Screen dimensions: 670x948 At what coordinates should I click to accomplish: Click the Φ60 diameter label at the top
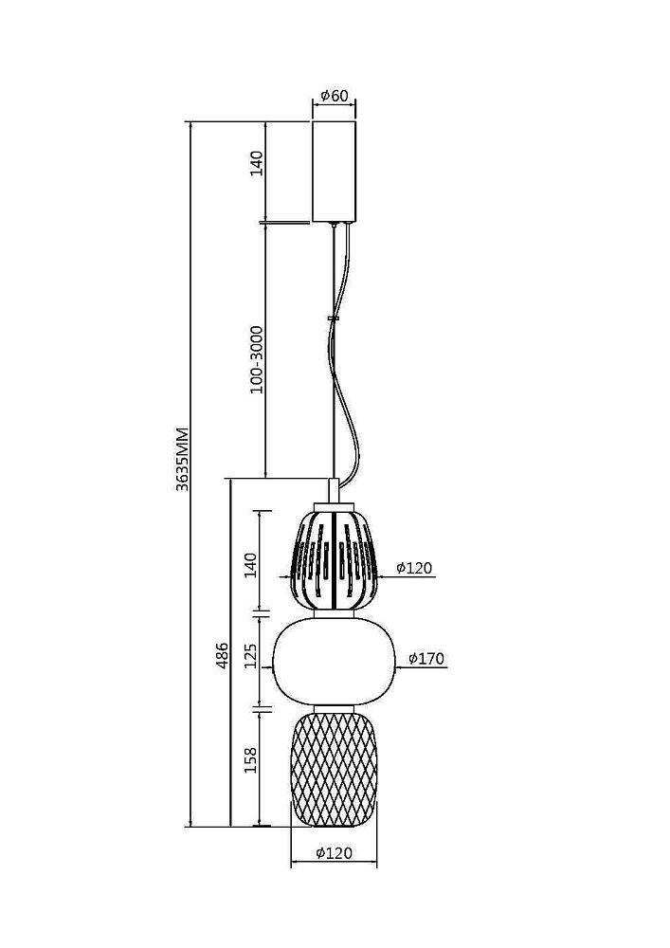coord(335,95)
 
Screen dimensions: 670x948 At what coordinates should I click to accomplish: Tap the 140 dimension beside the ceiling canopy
coord(257,163)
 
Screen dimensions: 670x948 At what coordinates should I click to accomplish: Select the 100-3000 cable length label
coord(257,359)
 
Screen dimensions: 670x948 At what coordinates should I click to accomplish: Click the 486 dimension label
coord(223,655)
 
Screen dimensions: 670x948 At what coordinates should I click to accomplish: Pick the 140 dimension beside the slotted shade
coord(250,565)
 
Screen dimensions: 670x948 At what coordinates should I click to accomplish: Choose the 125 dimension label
coord(250,656)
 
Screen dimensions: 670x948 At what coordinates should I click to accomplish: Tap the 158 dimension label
coord(250,760)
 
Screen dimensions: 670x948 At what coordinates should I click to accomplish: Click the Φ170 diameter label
coord(426,659)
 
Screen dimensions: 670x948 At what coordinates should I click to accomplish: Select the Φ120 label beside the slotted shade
coord(414,568)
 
